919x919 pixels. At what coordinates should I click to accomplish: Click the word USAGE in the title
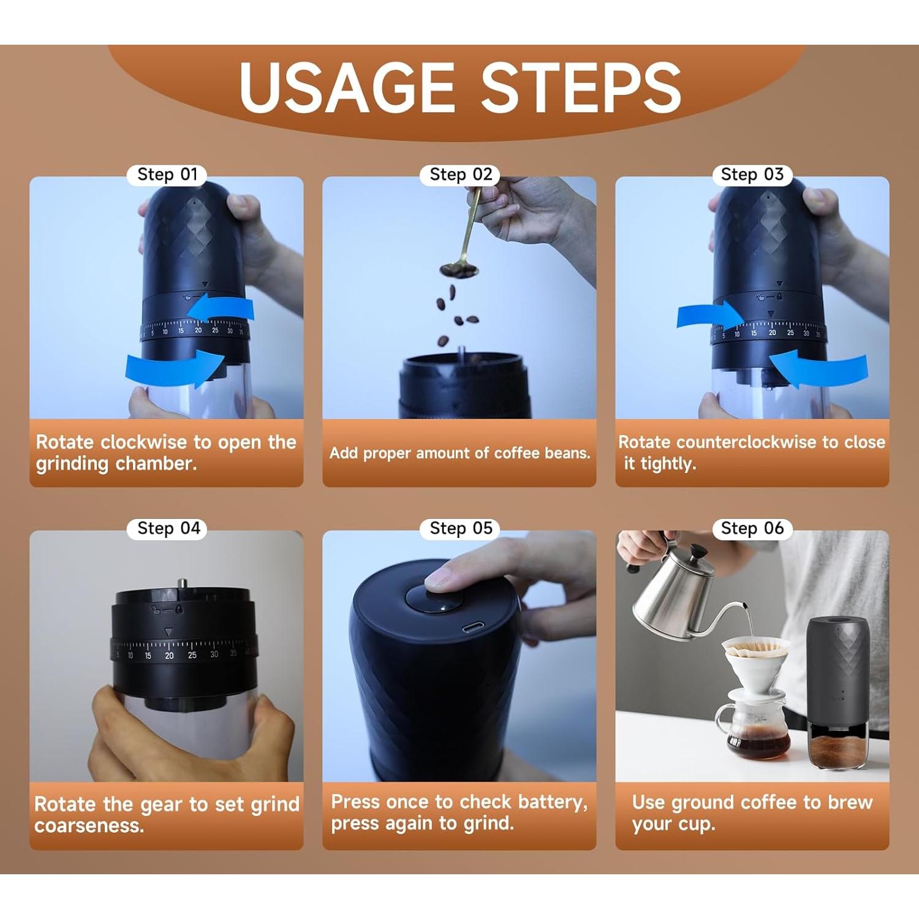tap(346, 88)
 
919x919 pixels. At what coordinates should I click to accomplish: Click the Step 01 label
tap(167, 175)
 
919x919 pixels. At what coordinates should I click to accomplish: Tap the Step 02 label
tap(461, 175)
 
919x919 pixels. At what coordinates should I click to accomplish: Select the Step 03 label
tap(752, 175)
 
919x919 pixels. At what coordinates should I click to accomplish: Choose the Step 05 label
tap(461, 528)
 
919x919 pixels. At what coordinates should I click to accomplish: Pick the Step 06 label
tap(752, 528)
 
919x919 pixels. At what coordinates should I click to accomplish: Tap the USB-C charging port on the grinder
tap(472, 627)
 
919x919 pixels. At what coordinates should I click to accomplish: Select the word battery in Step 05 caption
tap(552, 802)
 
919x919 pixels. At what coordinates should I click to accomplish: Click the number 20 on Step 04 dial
tap(169, 656)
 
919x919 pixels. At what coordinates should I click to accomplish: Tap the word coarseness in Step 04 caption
tap(89, 826)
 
